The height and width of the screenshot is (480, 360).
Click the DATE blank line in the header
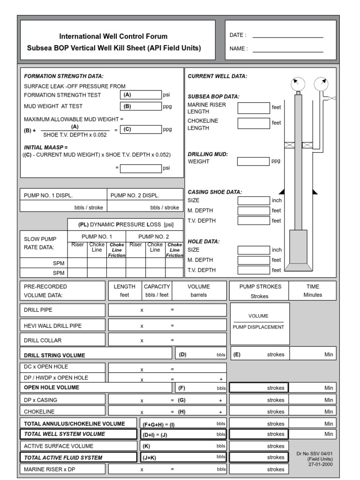coord(288,37)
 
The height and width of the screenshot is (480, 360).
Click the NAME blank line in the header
coord(288,51)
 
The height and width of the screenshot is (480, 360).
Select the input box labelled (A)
coord(140,95)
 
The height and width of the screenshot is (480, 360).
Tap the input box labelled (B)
coord(140,106)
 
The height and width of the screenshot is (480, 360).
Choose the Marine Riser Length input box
coord(253,108)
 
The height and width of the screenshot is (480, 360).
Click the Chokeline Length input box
coord(253,123)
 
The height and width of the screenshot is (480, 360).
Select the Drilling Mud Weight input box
coord(253,161)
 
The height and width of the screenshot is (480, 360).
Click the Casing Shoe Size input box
coord(253,201)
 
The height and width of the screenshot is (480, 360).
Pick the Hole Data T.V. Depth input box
coord(253,270)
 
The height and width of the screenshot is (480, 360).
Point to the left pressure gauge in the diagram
coord(297,84)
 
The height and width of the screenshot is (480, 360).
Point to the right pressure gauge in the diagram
coord(321,84)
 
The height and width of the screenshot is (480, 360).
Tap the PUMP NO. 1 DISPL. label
coord(48,195)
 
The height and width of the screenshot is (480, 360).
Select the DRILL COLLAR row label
coord(43,340)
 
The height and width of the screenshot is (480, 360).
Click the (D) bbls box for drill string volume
coord(201,355)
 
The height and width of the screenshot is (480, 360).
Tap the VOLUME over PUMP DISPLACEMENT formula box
coord(260,322)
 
